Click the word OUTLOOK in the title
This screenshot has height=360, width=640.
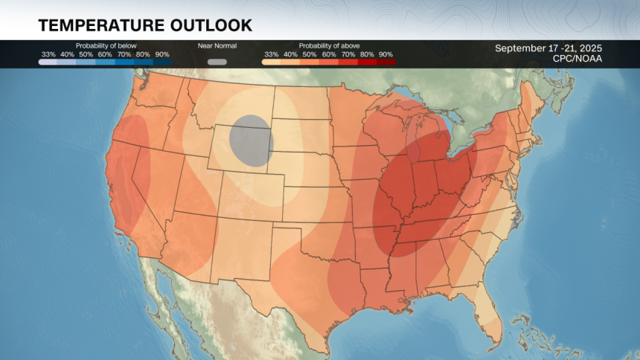coord(211,25)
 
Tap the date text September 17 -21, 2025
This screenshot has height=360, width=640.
coord(548,48)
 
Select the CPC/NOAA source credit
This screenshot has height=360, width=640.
coord(577,59)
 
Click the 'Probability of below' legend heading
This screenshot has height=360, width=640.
coord(106,45)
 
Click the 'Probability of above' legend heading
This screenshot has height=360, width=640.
coord(328,45)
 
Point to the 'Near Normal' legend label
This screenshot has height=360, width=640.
coord(217,45)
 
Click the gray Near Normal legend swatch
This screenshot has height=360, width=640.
coord(217,62)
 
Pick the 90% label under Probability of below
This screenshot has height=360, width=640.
coord(162,54)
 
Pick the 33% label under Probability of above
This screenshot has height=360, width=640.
coord(272,54)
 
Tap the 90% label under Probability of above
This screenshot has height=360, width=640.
coord(385,54)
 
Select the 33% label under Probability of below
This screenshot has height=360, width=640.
coord(48,54)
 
